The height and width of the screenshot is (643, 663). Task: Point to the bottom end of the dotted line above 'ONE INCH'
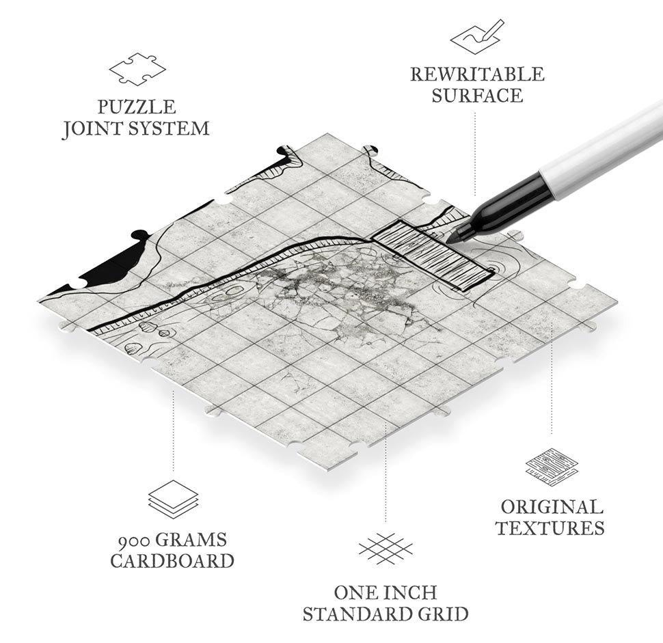(385, 521)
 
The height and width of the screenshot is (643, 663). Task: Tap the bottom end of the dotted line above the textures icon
(552, 434)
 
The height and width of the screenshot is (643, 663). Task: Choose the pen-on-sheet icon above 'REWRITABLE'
(477, 34)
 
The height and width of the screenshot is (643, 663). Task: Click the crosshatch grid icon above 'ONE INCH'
(385, 549)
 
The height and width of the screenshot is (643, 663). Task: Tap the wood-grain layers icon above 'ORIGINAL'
(552, 468)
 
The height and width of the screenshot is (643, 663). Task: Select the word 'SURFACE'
(477, 96)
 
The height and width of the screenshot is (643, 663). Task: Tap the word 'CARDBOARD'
(172, 561)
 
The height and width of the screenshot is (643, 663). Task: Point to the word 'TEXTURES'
(550, 528)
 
